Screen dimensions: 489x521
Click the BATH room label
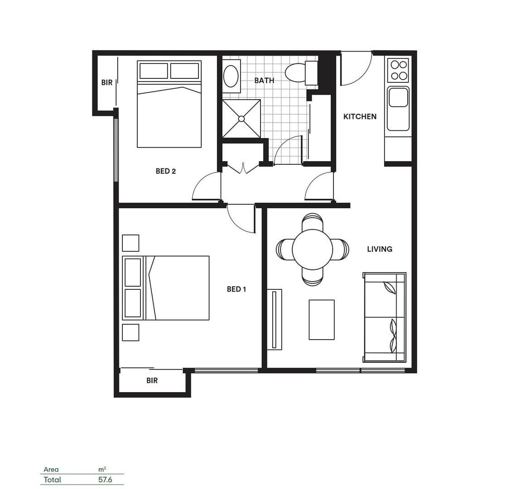coord(264,81)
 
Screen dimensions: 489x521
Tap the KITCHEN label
coord(360,116)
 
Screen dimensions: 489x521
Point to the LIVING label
coord(380,249)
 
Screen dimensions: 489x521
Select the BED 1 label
coord(236,289)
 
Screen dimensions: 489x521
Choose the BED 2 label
coord(166,171)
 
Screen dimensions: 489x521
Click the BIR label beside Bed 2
coord(107,83)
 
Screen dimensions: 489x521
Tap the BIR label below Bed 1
coord(152,381)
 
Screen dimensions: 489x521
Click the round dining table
coord(313,249)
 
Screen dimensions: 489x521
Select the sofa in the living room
coord(384,317)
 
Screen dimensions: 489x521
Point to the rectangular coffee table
coord(322,320)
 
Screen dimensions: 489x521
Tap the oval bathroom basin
coord(231,76)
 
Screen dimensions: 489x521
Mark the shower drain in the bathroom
coord(241,119)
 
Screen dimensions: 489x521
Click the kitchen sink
coord(398,98)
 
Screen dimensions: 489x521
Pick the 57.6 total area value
coord(105,479)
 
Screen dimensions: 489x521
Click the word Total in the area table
coord(52,479)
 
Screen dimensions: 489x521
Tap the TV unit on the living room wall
coord(274,319)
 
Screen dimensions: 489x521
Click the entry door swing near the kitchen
coord(356,68)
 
